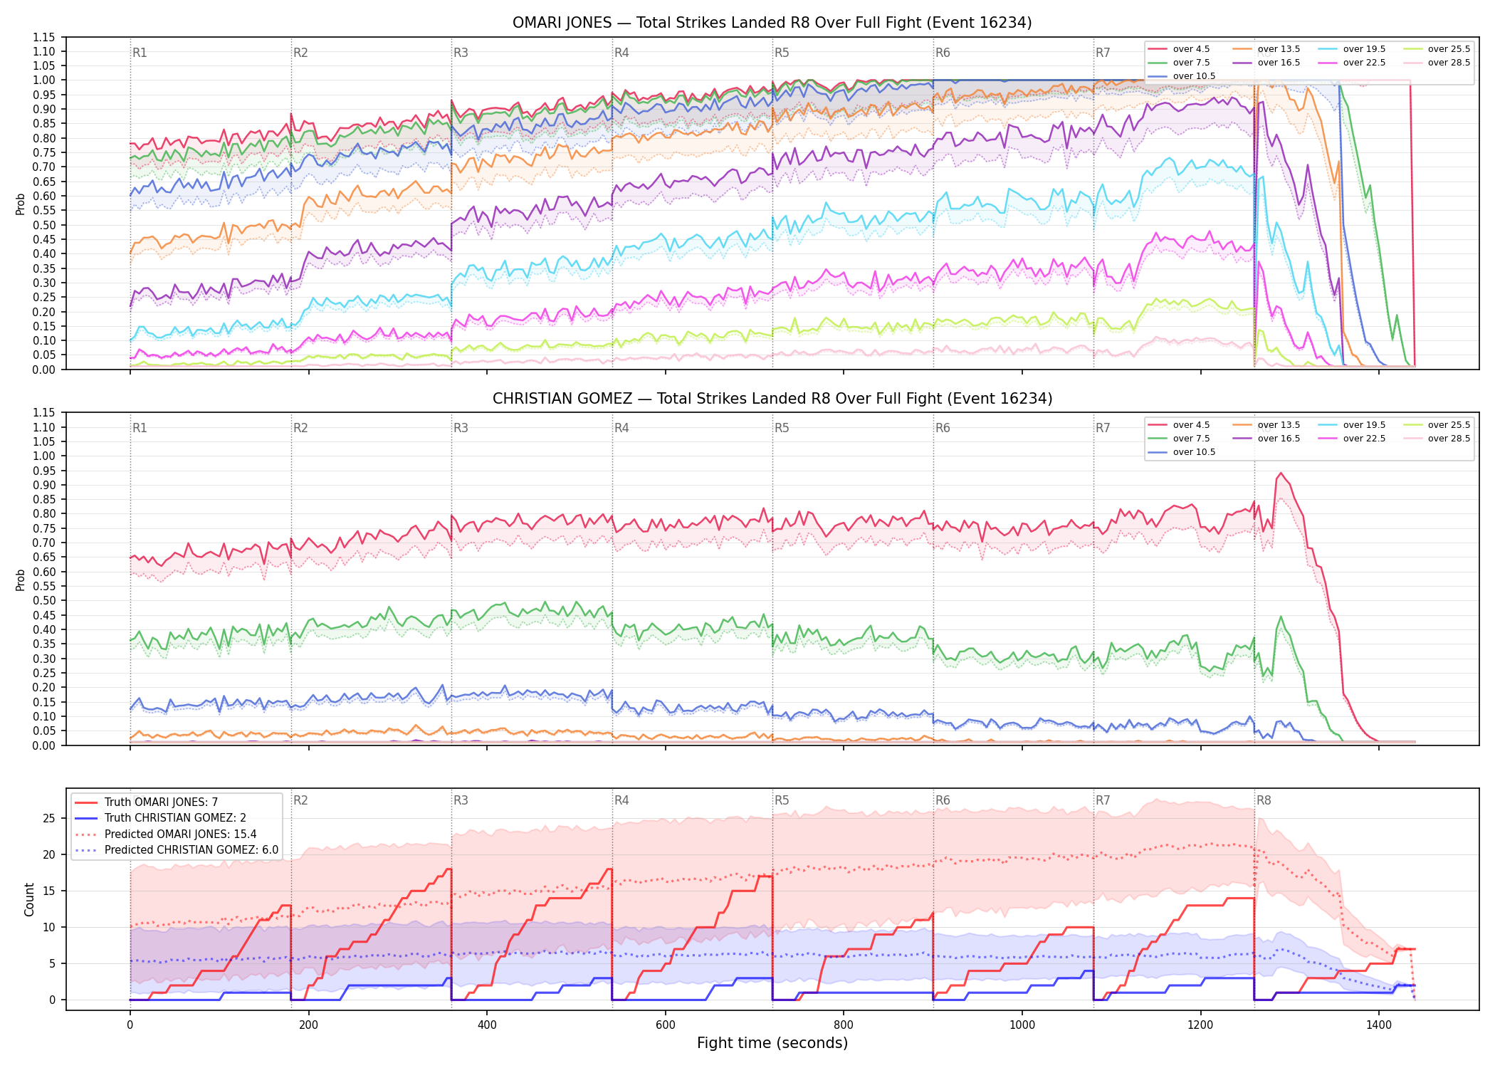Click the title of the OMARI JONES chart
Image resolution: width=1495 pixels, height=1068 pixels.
[x=772, y=23]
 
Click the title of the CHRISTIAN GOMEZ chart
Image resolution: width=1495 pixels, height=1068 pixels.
[x=772, y=399]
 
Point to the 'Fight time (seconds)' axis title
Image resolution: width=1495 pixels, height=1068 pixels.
[x=772, y=1043]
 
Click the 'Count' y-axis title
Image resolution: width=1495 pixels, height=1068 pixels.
[x=29, y=899]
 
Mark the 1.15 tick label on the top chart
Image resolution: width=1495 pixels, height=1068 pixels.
[x=44, y=37]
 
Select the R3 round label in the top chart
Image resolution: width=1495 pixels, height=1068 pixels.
[x=461, y=53]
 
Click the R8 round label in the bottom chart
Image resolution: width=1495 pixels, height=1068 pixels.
[x=1264, y=800]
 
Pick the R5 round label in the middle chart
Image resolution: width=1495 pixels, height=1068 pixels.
[x=782, y=428]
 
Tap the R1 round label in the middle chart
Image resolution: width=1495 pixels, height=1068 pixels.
[x=140, y=428]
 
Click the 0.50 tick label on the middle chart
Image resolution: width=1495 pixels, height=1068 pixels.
[x=44, y=600]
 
